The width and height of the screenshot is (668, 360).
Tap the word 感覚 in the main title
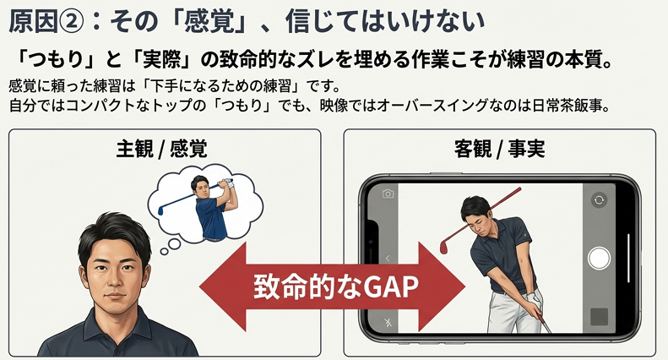tap(209, 21)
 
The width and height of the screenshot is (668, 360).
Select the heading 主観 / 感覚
tap(161, 149)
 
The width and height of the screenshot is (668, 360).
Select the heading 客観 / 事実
tap(499, 149)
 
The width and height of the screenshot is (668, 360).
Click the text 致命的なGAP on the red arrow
tap(336, 286)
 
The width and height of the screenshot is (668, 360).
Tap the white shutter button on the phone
tap(599, 258)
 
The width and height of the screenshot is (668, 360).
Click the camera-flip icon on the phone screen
tap(599, 199)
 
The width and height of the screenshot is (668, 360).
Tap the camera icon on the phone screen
tap(388, 194)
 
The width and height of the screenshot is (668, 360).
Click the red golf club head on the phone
tap(444, 247)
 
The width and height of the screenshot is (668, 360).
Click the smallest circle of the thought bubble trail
tap(164, 252)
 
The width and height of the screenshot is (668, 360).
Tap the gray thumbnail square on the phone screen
tap(599, 317)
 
